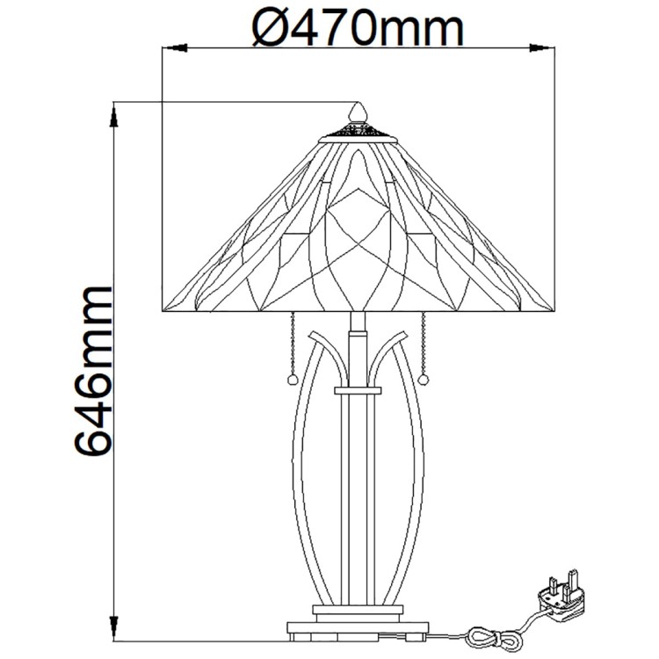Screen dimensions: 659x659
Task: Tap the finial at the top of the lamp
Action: [x=358, y=112]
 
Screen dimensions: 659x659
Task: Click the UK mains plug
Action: [x=561, y=597]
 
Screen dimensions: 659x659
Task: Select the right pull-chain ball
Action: [x=424, y=380]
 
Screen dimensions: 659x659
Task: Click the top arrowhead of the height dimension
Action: [x=113, y=116]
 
